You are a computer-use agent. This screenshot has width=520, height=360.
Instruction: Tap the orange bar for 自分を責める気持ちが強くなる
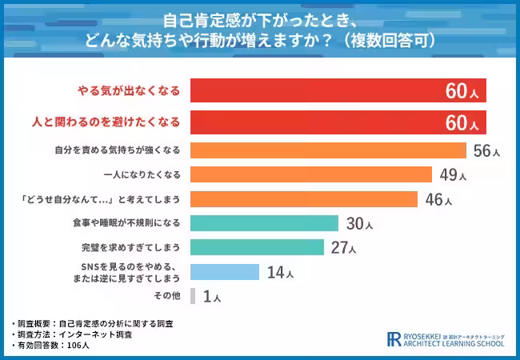point(328,150)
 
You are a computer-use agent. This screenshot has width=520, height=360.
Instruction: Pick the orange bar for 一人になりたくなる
point(311,174)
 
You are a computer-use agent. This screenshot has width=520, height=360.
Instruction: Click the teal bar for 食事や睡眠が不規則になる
point(265,223)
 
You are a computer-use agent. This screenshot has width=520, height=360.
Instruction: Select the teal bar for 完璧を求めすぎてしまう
point(257,247)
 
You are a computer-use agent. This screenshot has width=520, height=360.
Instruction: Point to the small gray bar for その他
point(193,297)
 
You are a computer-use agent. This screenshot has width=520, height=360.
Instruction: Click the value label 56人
point(486,151)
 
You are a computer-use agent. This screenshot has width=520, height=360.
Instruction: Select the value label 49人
point(452,175)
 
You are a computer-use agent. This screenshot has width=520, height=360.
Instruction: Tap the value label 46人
point(438,199)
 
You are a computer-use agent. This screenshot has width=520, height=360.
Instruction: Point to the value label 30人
point(359,224)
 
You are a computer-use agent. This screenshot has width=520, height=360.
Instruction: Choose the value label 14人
point(279,273)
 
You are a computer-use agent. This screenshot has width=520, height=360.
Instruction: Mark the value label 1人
point(212,298)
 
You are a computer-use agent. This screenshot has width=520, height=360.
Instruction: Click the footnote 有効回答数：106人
point(53,346)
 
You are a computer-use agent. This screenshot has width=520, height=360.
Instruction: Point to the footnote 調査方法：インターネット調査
point(73,334)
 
